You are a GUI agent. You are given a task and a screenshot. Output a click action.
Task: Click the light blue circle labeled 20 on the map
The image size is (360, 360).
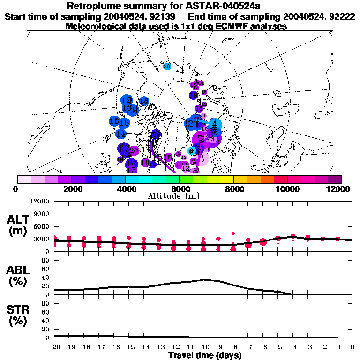(x=167, y=67)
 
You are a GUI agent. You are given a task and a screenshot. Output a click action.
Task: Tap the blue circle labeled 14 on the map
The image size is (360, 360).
(x=121, y=134)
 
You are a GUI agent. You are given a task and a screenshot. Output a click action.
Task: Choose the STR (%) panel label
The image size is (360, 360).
(x=19, y=315)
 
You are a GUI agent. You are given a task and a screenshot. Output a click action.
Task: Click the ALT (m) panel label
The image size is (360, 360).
(x=19, y=225)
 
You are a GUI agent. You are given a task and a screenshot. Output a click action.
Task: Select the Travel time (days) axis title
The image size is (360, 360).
(x=205, y=355)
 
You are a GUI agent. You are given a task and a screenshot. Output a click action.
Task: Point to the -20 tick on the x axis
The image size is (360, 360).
(x=54, y=347)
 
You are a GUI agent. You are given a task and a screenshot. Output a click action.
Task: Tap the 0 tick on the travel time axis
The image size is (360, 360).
(x=352, y=347)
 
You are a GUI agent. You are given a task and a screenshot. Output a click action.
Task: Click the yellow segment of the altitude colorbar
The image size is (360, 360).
(x=227, y=179)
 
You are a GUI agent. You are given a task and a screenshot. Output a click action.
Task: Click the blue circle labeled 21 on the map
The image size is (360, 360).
(x=192, y=124)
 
